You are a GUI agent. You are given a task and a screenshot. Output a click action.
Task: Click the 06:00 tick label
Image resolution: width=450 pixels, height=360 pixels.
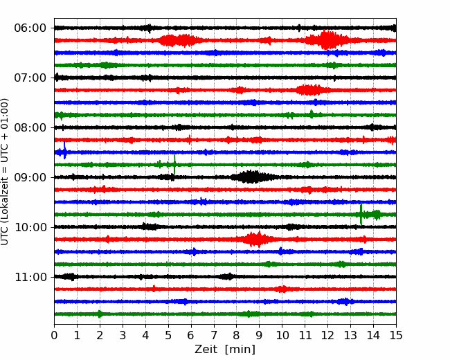point(30,28)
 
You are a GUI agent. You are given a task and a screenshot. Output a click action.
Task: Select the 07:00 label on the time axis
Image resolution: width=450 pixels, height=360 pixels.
point(30,78)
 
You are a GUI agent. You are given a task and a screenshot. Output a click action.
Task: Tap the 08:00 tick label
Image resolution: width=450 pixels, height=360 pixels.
point(30,127)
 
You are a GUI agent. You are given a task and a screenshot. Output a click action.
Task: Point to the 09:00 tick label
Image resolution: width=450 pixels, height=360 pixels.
point(30,177)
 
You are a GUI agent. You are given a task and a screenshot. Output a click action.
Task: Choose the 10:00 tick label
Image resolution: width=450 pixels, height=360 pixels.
point(30,227)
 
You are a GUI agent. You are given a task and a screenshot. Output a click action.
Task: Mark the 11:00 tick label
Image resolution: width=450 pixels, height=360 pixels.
point(30,277)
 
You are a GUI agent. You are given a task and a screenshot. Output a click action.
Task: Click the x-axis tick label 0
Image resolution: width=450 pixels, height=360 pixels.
point(54,335)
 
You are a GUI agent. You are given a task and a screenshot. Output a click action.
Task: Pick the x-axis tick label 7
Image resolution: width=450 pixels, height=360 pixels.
point(214,335)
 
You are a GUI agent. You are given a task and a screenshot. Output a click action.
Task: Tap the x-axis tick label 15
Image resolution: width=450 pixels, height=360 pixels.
point(396,335)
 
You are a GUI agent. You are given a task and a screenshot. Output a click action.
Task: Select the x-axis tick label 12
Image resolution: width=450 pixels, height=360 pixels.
point(327,335)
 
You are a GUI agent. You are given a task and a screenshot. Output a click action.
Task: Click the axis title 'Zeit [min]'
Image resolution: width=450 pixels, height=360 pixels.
point(225,350)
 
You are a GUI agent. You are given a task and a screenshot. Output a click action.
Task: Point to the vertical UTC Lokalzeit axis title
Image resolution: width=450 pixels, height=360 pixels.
point(5,172)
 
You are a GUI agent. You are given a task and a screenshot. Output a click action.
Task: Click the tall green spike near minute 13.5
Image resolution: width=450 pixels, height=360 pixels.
point(361,214)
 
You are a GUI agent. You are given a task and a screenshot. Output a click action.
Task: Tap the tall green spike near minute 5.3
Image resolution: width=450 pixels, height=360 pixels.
point(174,165)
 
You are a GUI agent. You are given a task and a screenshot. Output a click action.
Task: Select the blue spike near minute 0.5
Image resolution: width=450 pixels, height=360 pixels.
point(64,150)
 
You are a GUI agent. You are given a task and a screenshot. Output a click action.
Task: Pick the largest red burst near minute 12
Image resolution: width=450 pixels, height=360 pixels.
point(327,39)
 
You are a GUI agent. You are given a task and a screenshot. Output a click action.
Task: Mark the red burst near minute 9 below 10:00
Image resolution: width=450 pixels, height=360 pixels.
point(255,239)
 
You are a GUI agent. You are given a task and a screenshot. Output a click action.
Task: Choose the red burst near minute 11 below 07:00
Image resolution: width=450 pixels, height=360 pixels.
point(309,90)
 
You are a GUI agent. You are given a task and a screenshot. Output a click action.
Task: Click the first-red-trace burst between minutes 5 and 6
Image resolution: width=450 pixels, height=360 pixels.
point(179,40)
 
